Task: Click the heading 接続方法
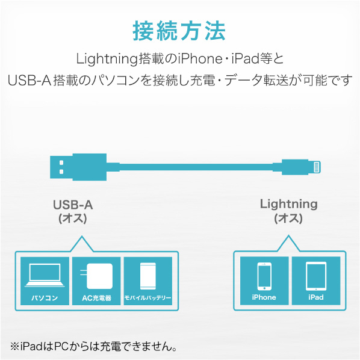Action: (x=179, y=31)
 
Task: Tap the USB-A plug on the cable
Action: (x=78, y=167)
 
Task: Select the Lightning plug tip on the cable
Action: (x=317, y=167)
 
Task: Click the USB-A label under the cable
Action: (x=73, y=205)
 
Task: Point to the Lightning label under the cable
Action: (x=288, y=204)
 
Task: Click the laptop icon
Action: (x=45, y=275)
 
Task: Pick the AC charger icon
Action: (x=96, y=276)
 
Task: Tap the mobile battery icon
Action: (x=148, y=276)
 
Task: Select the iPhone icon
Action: (x=264, y=276)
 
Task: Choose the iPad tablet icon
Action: (x=316, y=276)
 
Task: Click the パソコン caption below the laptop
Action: (x=45, y=298)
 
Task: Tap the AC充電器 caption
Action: (x=96, y=298)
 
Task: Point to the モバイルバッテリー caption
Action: (x=148, y=298)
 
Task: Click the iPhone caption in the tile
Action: (x=264, y=297)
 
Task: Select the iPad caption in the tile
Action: (x=316, y=297)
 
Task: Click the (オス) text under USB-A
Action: (x=73, y=219)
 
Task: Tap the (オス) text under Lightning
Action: (x=288, y=218)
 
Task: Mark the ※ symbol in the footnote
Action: (x=15, y=346)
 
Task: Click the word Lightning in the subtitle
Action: (x=107, y=59)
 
